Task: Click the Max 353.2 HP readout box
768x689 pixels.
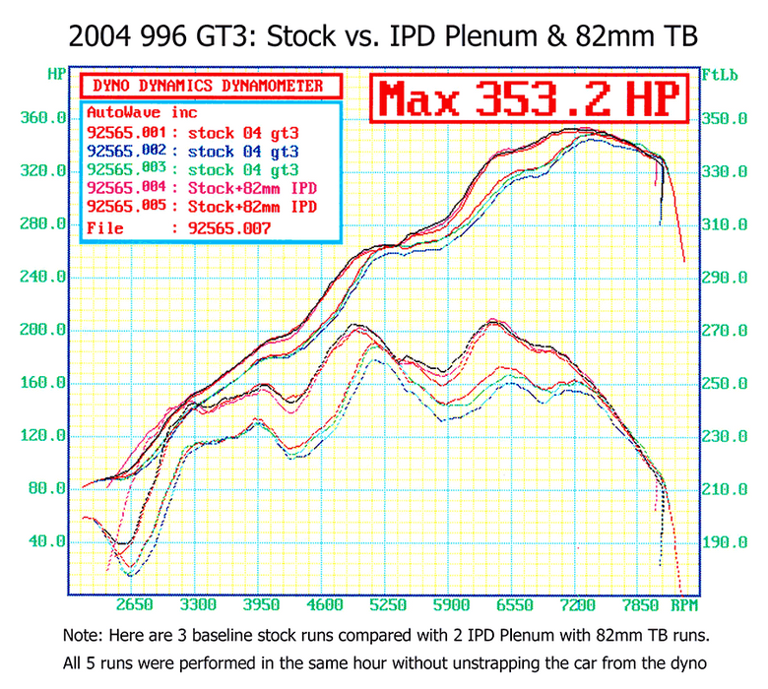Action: (530, 99)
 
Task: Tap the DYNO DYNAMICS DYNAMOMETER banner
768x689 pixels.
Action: (209, 86)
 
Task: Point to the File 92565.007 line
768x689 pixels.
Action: (178, 228)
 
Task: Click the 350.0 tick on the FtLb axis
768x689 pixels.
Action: (724, 118)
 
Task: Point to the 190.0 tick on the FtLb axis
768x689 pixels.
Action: (724, 541)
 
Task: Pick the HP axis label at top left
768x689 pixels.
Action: (56, 74)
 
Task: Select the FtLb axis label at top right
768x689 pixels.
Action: (714, 74)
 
